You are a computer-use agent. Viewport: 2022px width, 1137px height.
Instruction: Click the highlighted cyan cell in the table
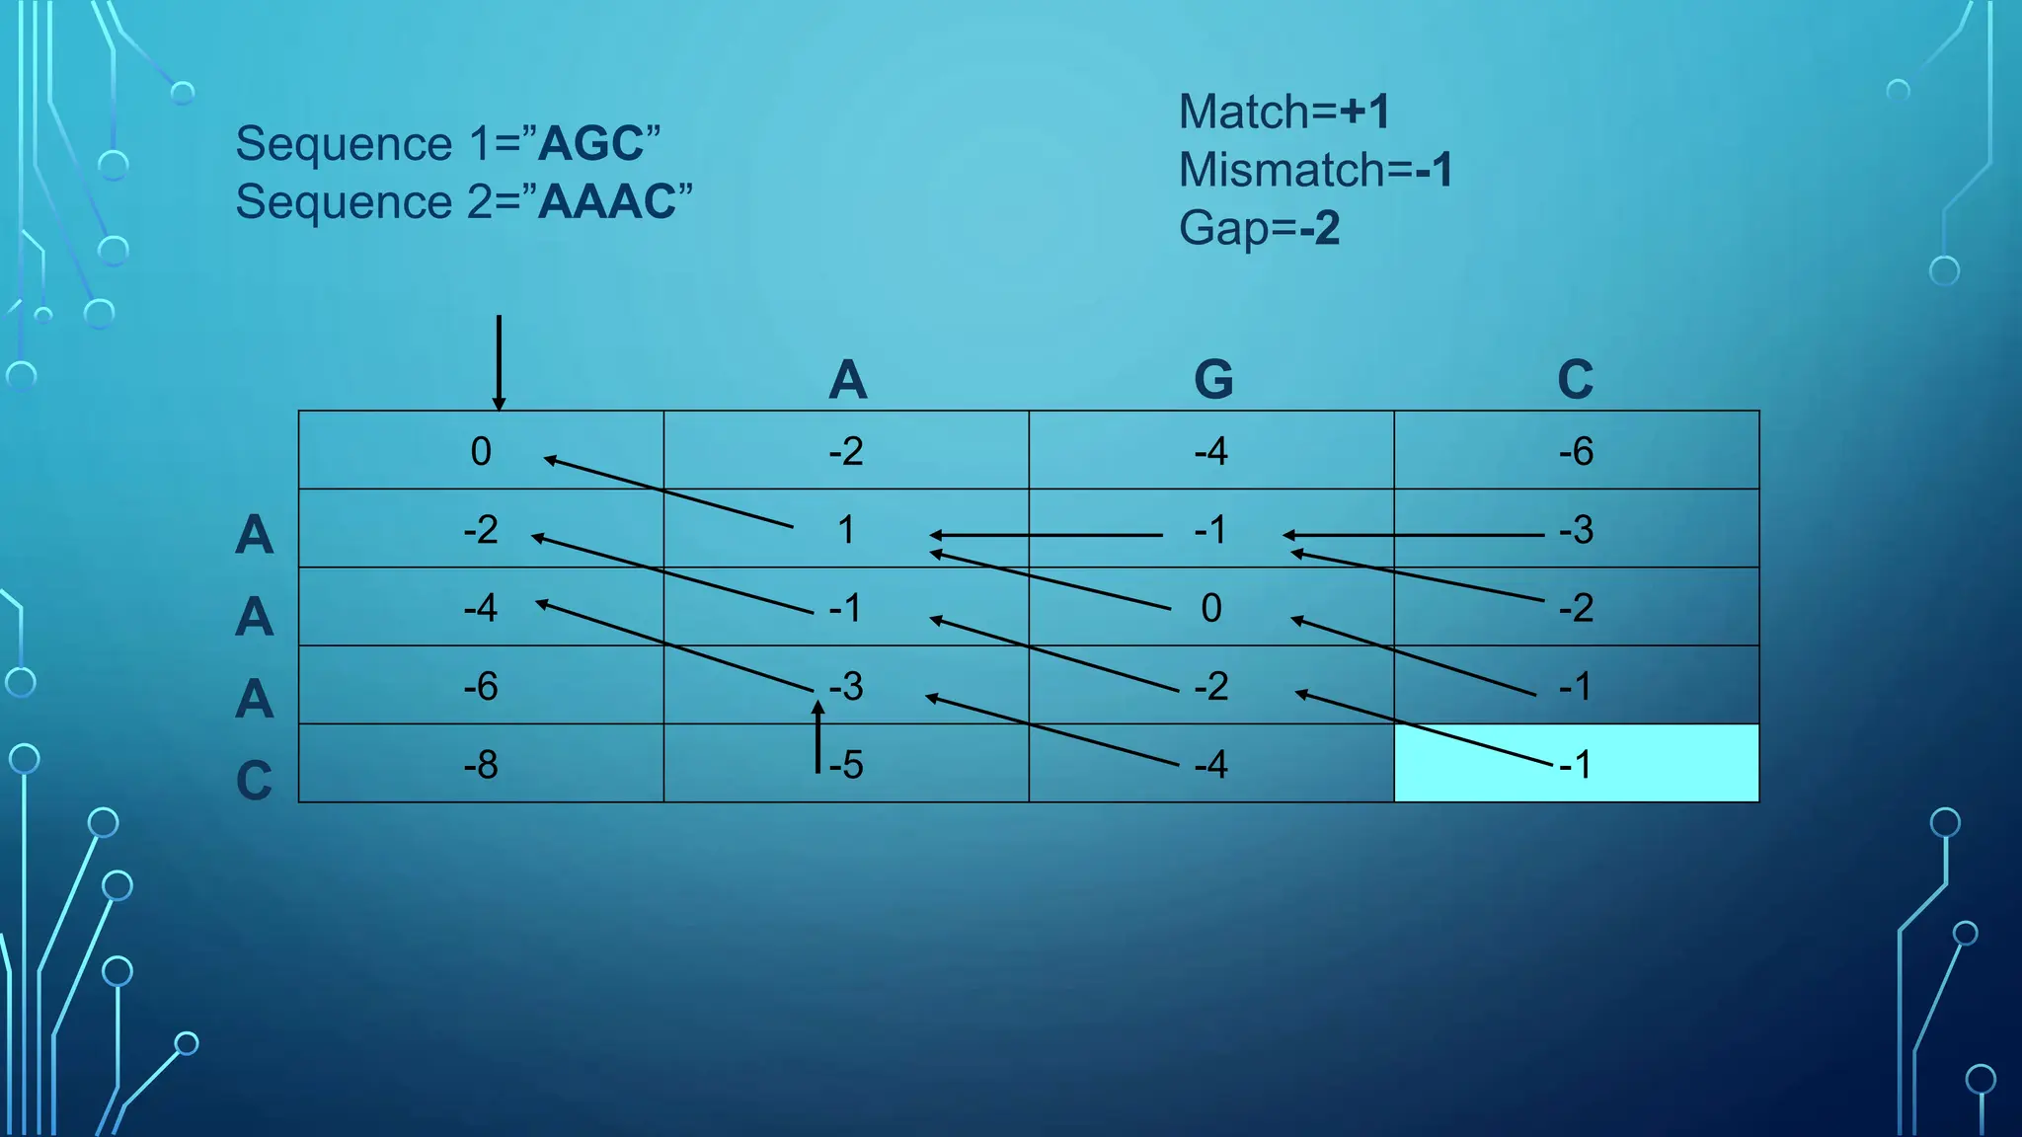tap(1576, 763)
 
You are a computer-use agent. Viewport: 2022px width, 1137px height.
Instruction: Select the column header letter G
tap(1213, 379)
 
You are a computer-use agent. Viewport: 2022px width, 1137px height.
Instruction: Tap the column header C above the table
tap(1576, 379)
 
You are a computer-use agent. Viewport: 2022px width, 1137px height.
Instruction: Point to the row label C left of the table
tap(254, 781)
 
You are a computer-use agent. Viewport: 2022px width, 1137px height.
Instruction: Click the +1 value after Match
tap(1364, 112)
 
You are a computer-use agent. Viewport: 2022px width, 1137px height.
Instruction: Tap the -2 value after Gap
tap(1319, 228)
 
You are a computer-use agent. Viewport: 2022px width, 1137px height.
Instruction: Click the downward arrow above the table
tap(499, 361)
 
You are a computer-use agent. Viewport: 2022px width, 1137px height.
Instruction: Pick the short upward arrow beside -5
tap(817, 736)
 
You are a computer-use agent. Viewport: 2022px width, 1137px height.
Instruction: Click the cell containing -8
tap(481, 764)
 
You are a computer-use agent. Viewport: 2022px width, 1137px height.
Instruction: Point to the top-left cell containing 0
tap(481, 451)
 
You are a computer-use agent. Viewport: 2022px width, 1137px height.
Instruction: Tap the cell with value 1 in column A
tap(846, 530)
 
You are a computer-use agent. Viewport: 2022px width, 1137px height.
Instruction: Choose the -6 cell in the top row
tap(1576, 451)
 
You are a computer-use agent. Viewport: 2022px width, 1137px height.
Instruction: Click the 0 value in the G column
tap(1211, 608)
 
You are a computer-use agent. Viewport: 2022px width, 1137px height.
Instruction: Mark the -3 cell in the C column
tap(1576, 530)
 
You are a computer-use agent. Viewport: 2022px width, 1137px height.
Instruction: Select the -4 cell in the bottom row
tap(1211, 764)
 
